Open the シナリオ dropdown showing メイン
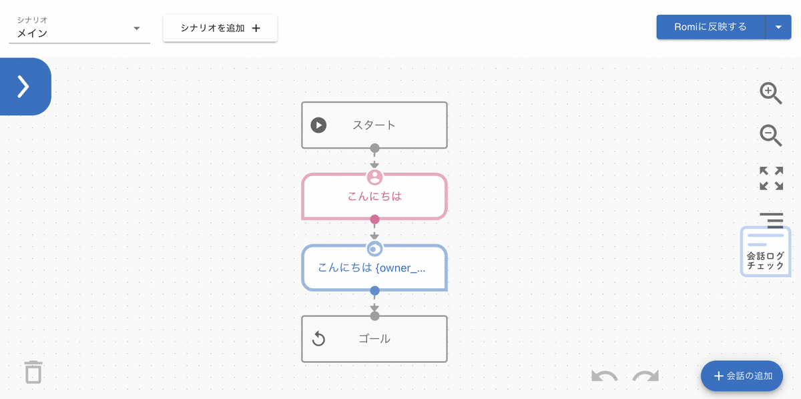click(x=79, y=29)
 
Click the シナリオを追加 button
click(x=220, y=28)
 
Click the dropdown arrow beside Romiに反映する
click(x=778, y=27)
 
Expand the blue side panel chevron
click(x=23, y=87)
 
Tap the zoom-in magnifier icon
click(x=770, y=93)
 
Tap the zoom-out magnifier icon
click(x=770, y=135)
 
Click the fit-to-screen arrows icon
click(x=772, y=178)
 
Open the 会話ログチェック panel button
click(x=765, y=252)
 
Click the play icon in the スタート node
click(x=318, y=125)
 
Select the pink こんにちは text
click(x=374, y=196)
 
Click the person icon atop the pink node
click(x=374, y=177)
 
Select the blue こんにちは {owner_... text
click(x=372, y=268)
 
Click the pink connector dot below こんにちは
click(x=374, y=219)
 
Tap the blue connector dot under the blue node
click(x=374, y=291)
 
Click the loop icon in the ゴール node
click(x=318, y=338)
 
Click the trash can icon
click(x=33, y=372)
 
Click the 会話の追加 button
click(x=742, y=376)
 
